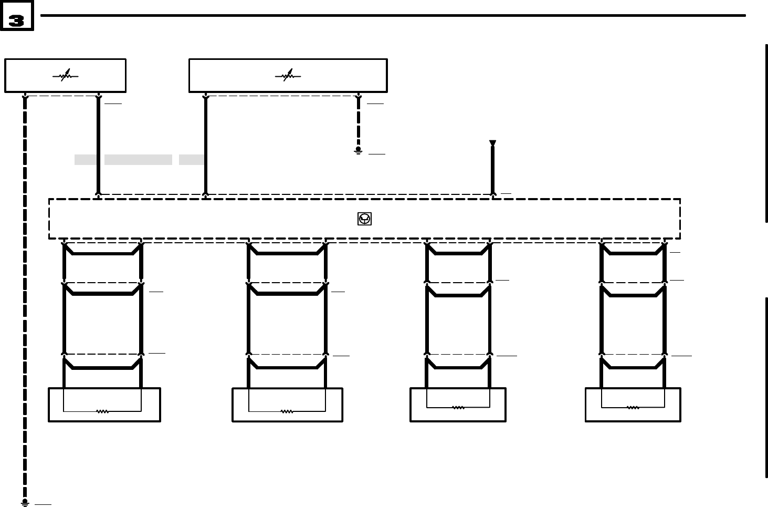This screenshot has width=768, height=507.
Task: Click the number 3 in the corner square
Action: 16,20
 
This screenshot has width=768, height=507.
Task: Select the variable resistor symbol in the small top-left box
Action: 65,76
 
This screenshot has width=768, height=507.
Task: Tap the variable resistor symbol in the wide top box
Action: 288,76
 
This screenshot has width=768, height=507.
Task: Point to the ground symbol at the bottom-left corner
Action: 25,503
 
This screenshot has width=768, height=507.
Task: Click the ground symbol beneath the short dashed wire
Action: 359,150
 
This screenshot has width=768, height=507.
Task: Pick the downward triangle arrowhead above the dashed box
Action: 492,143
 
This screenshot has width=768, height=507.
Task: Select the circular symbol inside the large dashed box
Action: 364,219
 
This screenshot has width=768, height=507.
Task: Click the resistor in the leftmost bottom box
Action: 102,411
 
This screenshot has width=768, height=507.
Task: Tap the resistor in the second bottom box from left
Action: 287,411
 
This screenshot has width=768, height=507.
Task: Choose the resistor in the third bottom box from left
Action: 458,407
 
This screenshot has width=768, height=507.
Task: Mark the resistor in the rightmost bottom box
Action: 633,407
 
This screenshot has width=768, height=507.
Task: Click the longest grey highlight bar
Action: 138,160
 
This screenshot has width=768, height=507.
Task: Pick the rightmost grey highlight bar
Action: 191,160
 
